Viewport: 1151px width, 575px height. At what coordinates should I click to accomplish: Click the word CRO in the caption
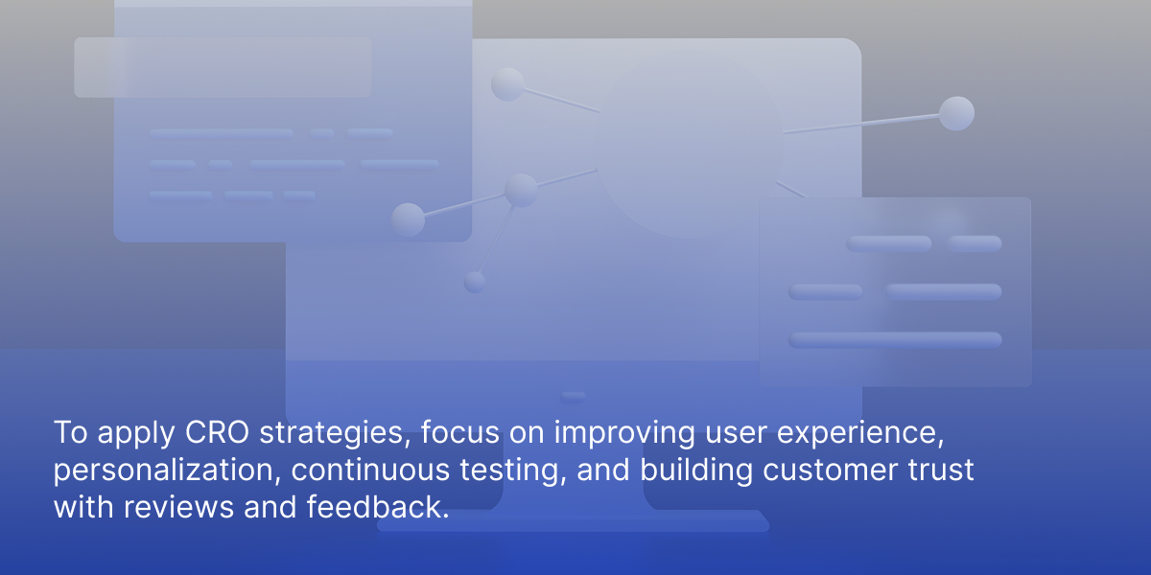tap(217, 432)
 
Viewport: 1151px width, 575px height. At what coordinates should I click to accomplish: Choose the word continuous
tap(370, 471)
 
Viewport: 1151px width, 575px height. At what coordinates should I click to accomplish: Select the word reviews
tap(178, 508)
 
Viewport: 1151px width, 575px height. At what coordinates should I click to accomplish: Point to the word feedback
tap(378, 507)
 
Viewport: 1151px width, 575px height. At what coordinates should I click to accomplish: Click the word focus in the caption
tap(459, 432)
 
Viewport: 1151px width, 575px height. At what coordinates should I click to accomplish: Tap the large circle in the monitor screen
tap(688, 145)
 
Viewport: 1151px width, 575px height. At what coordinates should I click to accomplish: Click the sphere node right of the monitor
tap(956, 113)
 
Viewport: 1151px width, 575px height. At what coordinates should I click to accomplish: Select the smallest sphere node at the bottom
tap(474, 283)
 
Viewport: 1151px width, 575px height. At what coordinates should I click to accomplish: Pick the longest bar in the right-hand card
tap(895, 340)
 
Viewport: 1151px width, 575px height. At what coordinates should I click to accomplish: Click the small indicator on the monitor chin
tap(573, 397)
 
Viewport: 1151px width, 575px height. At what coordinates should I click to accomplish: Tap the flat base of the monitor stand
tap(573, 520)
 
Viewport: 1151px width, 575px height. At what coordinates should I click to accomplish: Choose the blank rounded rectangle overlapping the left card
tap(223, 67)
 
